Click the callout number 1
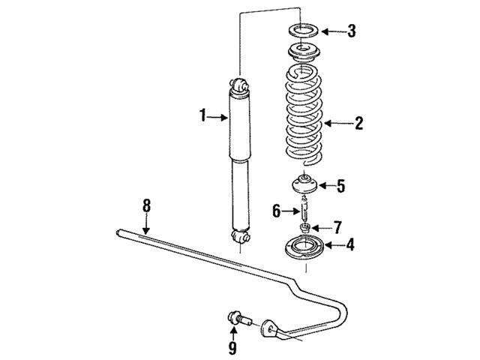click(x=202, y=115)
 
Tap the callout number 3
click(x=352, y=31)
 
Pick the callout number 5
click(x=340, y=185)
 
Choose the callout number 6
click(x=277, y=211)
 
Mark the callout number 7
click(x=337, y=226)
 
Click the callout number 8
click(x=147, y=204)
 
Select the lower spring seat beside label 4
click(x=304, y=245)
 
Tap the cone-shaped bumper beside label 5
click(x=305, y=184)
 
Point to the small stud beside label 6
click(x=305, y=206)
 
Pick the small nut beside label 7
click(x=306, y=226)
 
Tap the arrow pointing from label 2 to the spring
click(x=335, y=123)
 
